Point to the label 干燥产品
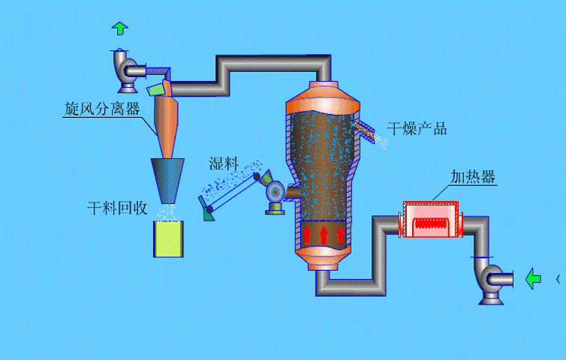(417, 128)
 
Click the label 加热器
(472, 177)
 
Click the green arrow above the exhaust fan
(119, 28)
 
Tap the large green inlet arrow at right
(533, 278)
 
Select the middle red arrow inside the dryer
(324, 235)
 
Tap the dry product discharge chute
(366, 129)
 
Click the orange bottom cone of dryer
(324, 259)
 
